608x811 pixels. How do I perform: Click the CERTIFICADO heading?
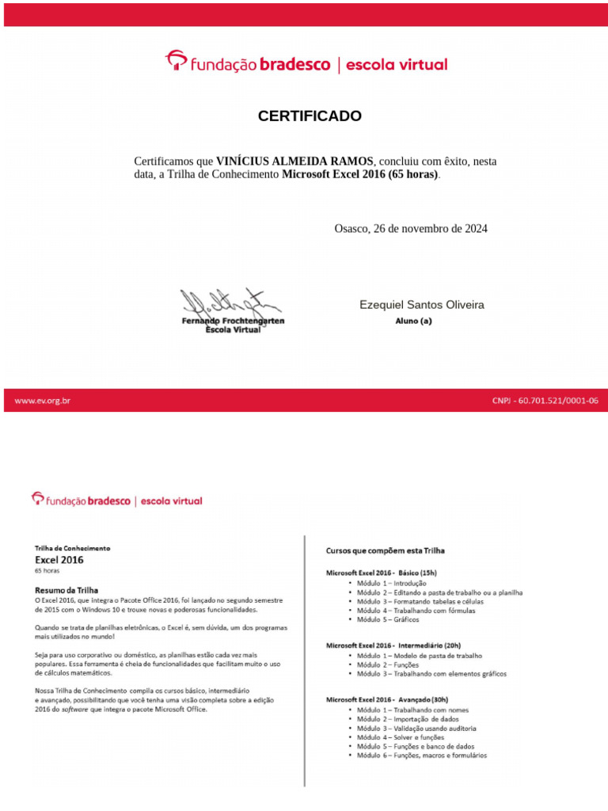point(310,116)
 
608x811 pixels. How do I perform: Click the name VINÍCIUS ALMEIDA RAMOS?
point(294,162)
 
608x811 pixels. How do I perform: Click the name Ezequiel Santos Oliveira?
point(421,305)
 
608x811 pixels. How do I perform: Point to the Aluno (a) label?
point(414,322)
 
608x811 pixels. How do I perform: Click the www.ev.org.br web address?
point(43,401)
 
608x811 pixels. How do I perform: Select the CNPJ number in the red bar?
point(545,401)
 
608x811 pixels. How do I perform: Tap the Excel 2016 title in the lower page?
point(59,559)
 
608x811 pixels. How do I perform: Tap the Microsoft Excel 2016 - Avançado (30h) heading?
point(387,699)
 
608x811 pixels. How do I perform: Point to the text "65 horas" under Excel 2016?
point(47,570)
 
